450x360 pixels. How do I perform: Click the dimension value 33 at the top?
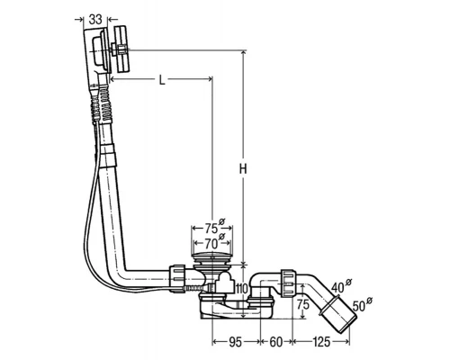coord(95,19)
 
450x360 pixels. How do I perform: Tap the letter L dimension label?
coord(162,79)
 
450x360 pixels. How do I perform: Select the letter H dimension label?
coord(243,169)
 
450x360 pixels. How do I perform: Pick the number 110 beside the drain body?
coord(242,289)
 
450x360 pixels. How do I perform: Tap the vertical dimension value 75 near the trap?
coord(303,304)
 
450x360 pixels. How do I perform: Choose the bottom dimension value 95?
coord(236,342)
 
